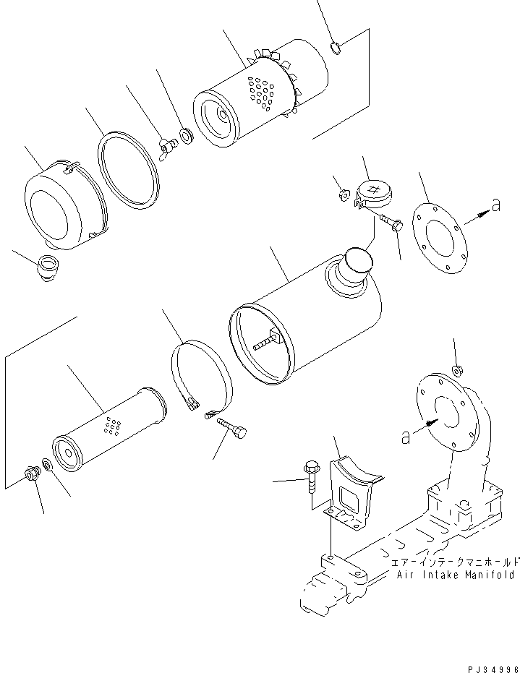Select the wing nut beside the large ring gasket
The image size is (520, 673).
[x=169, y=149]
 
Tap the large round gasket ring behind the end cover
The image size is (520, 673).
[x=127, y=170]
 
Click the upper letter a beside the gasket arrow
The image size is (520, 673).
[x=495, y=206]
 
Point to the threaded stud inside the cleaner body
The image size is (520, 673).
[x=267, y=340]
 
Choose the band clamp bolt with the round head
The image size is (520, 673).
[x=232, y=431]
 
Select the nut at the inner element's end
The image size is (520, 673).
[x=32, y=475]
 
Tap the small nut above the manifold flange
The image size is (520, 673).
[x=457, y=371]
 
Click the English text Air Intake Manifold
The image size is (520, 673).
[x=456, y=575]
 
